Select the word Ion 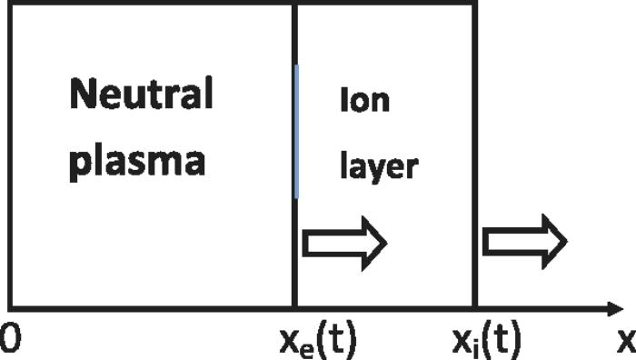click(x=364, y=100)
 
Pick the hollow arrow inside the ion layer click(x=344, y=243)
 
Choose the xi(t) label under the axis click(x=486, y=341)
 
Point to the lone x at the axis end click(x=625, y=340)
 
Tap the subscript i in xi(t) click(x=475, y=346)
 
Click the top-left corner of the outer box click(x=9, y=4)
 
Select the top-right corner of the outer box click(x=474, y=4)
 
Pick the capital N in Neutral click(x=84, y=94)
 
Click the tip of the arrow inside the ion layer click(x=388, y=243)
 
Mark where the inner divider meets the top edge click(x=295, y=4)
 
